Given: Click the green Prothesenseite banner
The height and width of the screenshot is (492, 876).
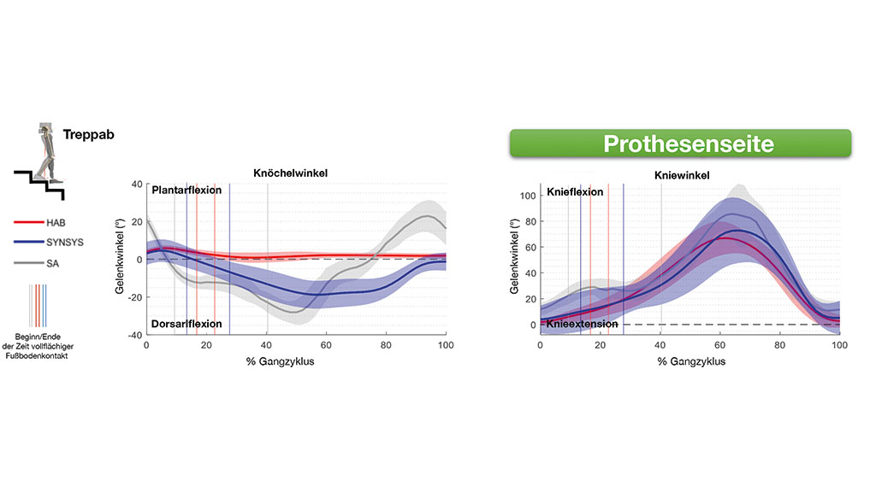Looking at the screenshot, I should pos(680,143).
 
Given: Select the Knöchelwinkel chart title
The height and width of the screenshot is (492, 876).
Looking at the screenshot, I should pos(291,173).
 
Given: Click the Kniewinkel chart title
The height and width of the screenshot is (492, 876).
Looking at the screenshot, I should pos(681,175).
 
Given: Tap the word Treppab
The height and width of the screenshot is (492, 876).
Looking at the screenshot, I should pos(88,135).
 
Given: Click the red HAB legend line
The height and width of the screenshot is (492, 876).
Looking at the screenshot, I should pos(27,221).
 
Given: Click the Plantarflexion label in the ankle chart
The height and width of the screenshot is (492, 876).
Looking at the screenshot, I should pos(186,190).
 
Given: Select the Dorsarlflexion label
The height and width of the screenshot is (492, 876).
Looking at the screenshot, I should pos(186,324).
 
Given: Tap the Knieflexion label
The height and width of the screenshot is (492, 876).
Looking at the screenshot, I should pos(575,192).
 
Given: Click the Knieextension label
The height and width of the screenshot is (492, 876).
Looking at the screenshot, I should pos(582,325).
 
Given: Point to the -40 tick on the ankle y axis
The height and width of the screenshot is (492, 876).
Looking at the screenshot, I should pos(134,335).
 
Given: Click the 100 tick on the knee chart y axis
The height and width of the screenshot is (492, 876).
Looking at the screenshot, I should pos(526,196).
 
